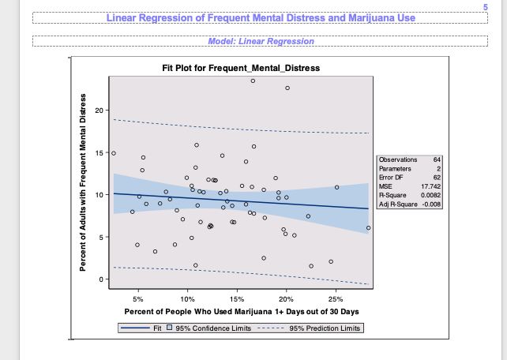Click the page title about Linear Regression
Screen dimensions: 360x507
(x=261, y=17)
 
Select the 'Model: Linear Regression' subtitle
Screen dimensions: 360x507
(x=261, y=41)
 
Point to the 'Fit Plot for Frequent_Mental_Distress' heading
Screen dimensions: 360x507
(x=236, y=68)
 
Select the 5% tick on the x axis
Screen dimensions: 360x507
(x=138, y=300)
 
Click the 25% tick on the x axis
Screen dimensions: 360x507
(x=336, y=300)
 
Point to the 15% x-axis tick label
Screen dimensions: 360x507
(x=237, y=300)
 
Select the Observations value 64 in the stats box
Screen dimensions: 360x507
(x=437, y=160)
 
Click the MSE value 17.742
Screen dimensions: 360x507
(x=431, y=186)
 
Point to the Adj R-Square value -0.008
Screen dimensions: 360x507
(x=430, y=204)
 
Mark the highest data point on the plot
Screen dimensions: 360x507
(x=253, y=81)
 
